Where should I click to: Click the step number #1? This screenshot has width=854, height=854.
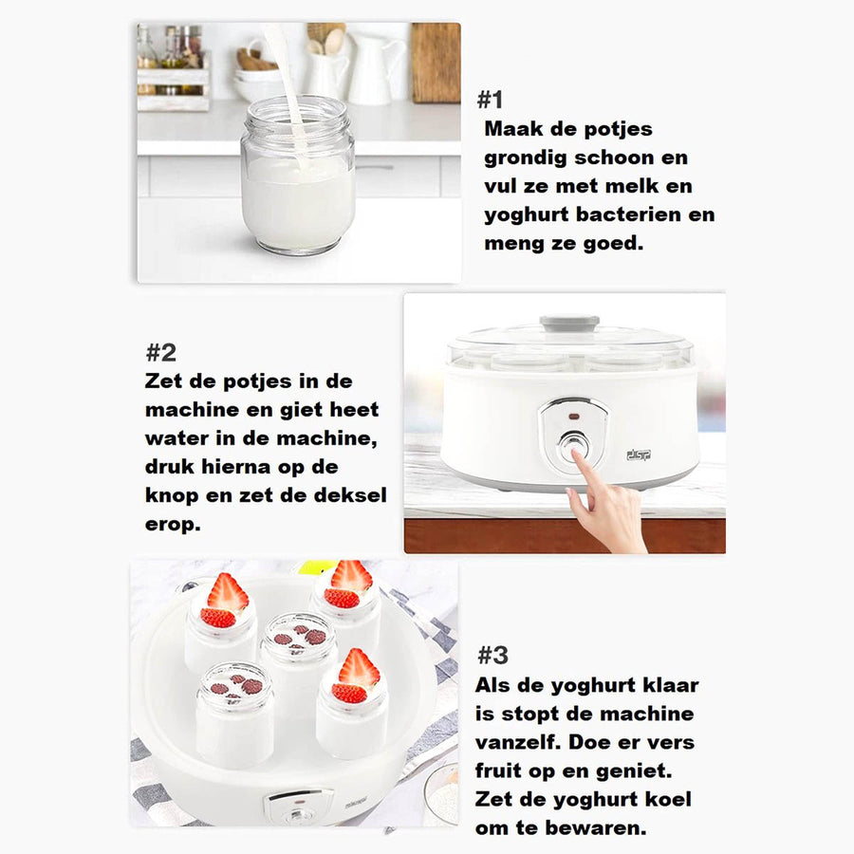(490, 100)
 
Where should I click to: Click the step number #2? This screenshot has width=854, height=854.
(161, 353)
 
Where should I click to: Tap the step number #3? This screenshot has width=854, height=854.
(492, 655)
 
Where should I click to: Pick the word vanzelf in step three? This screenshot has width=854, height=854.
(525, 741)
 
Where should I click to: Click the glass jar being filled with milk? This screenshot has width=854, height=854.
(297, 190)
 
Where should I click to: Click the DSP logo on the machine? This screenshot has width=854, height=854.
(639, 455)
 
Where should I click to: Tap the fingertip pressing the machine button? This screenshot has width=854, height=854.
(576, 458)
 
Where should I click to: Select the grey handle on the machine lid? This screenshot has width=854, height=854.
(569, 324)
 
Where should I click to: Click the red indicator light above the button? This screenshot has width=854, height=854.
(572, 415)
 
